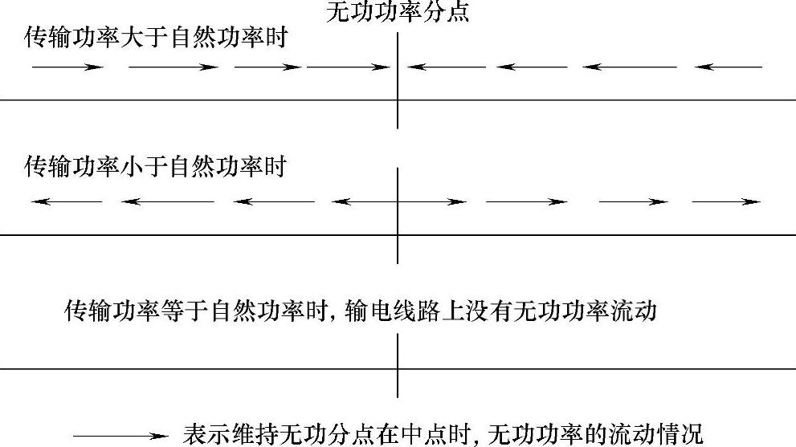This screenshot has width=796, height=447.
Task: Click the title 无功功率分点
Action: tap(398, 12)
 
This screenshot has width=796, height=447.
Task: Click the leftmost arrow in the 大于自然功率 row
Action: tap(67, 67)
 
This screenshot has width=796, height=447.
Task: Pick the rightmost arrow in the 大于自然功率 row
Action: tap(728, 67)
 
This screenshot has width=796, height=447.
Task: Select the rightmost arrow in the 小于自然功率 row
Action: tap(726, 201)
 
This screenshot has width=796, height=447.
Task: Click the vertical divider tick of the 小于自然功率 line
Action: tap(398, 215)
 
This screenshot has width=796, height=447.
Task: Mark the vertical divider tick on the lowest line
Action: tap(398, 366)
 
